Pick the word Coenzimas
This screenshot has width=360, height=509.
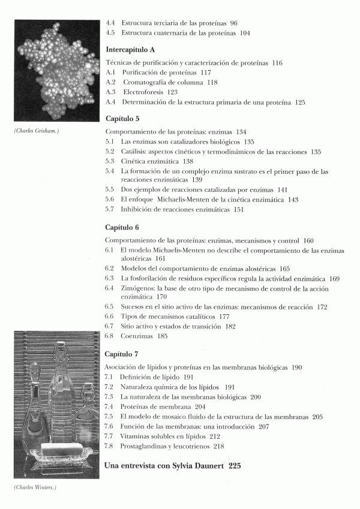(x=137, y=337)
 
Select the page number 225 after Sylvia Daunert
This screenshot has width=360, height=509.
(x=235, y=466)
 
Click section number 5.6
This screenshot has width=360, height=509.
(x=109, y=199)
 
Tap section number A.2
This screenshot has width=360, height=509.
(x=110, y=82)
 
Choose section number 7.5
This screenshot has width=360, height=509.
(x=109, y=416)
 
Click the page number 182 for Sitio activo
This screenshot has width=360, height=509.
(x=231, y=327)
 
